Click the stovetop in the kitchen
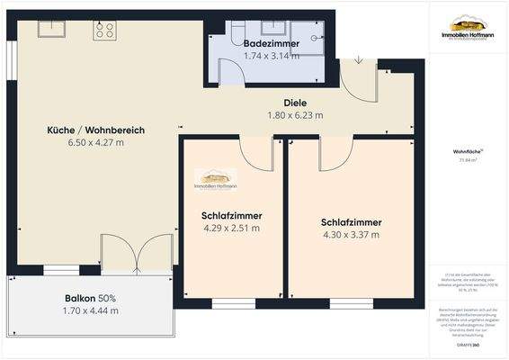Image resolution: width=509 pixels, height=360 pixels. tap(104, 30)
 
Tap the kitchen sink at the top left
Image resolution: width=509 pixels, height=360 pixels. tap(48, 29)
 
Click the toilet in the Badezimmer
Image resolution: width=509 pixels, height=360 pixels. tap(233, 32)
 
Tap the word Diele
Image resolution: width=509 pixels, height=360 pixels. tap(295, 103)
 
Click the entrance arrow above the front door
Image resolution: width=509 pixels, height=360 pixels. tap(359, 60)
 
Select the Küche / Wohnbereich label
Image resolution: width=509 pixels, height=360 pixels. tap(95, 130)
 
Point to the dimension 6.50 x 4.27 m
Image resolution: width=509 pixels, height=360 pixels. tap(95, 143)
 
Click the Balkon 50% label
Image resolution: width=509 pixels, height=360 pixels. tap(90, 298)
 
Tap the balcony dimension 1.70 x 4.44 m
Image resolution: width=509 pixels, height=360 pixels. tap(90, 310)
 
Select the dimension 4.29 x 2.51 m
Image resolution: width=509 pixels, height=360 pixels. tap(230, 228)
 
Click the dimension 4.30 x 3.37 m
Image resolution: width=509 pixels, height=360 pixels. tap(351, 235)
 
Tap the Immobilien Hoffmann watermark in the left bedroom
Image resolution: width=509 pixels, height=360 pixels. tap(216, 181)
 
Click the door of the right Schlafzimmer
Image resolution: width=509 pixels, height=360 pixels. tap(333, 154)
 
